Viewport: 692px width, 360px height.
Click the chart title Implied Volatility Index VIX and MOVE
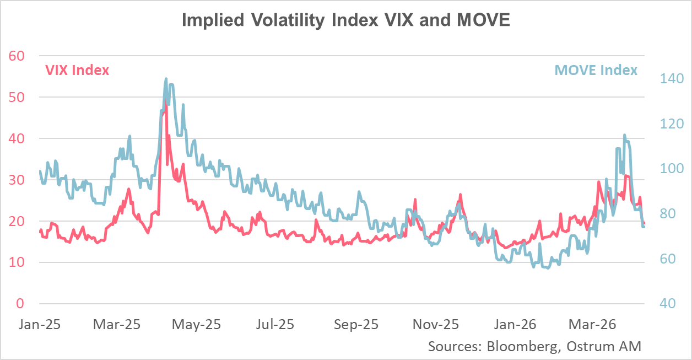[x=345, y=20]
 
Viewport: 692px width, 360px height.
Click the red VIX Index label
[x=77, y=71]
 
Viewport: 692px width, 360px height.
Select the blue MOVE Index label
[x=596, y=70]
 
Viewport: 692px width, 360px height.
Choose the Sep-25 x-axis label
[x=356, y=324]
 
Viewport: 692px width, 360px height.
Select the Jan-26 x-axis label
[x=515, y=324]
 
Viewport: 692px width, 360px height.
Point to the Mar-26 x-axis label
[x=592, y=324]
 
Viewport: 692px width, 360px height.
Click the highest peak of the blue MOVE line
[x=166, y=79]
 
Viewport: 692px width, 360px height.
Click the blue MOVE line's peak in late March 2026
[x=624, y=135]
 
